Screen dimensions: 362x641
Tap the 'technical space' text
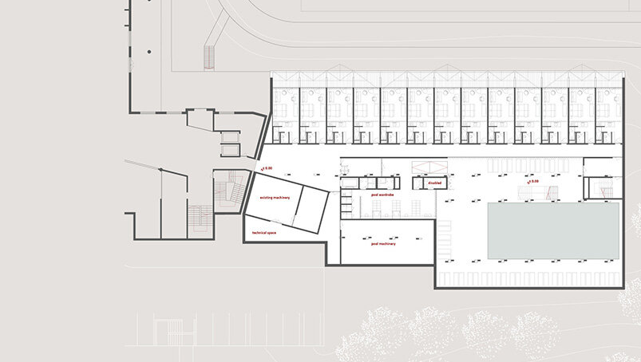(264, 232)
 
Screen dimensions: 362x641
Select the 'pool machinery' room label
(383, 243)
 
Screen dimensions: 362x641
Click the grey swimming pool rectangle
(553, 230)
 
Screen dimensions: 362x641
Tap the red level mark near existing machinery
(265, 168)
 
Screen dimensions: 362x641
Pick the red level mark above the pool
(532, 181)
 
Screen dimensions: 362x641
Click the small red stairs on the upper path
(210, 57)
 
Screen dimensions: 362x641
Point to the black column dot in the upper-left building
(148, 53)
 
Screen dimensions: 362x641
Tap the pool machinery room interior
(387, 251)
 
